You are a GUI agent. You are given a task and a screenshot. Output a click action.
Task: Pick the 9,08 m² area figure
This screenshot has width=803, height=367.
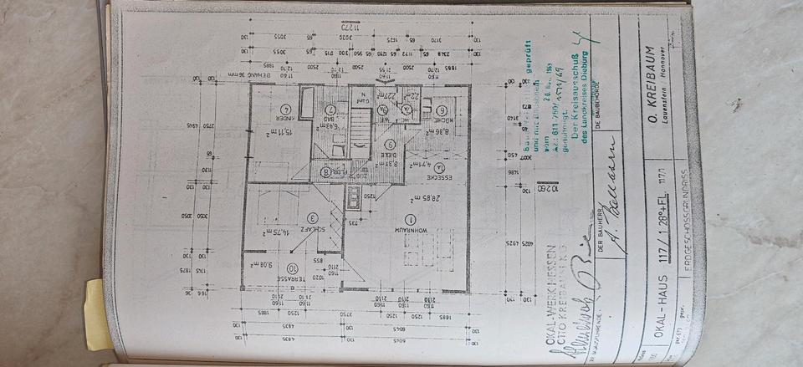point(253,263)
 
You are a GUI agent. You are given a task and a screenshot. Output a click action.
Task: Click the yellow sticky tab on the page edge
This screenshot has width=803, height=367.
point(97,313)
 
